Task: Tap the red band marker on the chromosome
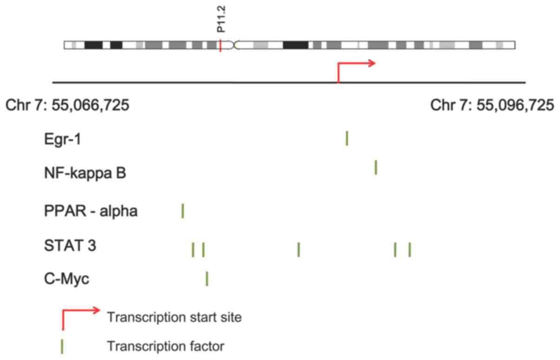point(220,46)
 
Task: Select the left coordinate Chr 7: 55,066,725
point(67,105)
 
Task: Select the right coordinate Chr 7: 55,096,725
point(492,105)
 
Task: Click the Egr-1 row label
point(62,139)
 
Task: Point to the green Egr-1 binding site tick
point(347,139)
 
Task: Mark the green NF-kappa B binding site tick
point(376,167)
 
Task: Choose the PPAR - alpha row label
point(91,211)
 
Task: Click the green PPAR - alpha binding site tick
point(183,211)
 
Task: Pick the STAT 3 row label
point(70,245)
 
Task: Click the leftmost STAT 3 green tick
point(193,249)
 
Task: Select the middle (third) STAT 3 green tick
point(299,249)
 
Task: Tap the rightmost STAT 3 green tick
point(409,249)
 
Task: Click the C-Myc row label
point(66,280)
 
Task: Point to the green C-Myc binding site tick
point(207,279)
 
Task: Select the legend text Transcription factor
point(165,346)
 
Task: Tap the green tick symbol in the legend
point(62,347)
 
